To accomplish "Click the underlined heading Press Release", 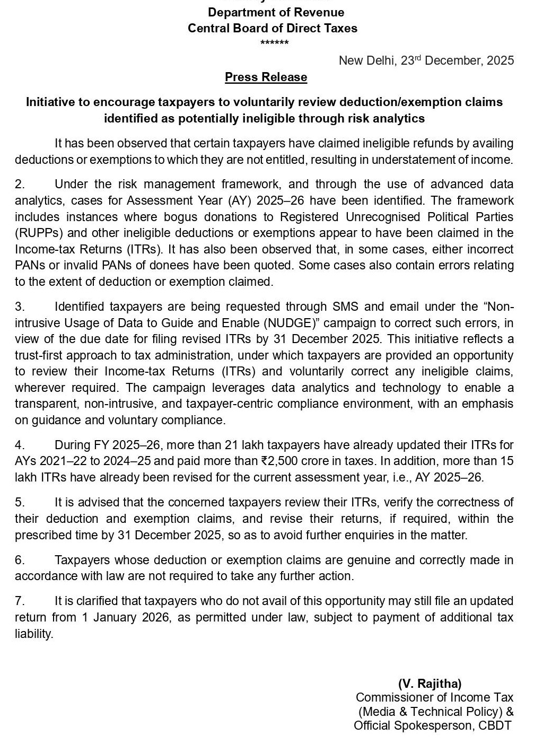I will click(x=266, y=77).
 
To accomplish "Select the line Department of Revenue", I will click(x=276, y=12).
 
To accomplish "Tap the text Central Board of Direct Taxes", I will click(x=273, y=28).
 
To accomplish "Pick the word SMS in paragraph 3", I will click(x=345, y=307).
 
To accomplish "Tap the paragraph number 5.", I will click(x=20, y=502).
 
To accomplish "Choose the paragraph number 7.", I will click(x=20, y=601).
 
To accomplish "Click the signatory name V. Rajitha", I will click(x=430, y=684).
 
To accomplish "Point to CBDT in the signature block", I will click(x=495, y=725).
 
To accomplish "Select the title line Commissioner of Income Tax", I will click(x=434, y=697).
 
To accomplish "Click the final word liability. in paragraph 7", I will click(x=34, y=634).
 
